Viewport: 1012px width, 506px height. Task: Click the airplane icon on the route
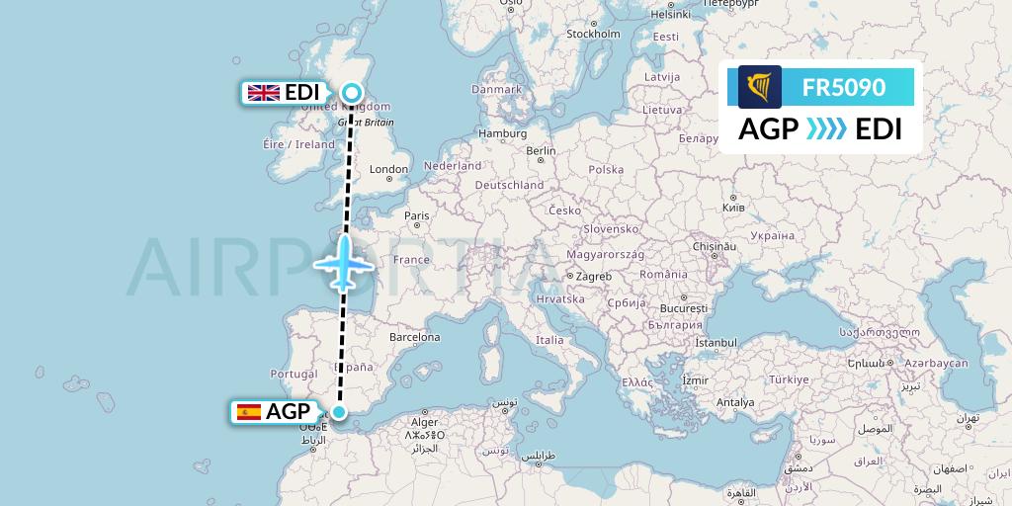[343, 263]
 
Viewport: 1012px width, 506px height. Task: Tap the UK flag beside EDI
[263, 93]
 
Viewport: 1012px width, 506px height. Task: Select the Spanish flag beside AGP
[249, 412]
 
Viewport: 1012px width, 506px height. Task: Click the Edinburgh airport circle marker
[352, 93]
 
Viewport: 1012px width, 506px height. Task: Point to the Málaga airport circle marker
[339, 412]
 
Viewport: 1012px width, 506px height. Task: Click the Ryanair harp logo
[760, 87]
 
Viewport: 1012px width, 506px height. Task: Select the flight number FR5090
[844, 87]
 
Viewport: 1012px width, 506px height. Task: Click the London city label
[388, 169]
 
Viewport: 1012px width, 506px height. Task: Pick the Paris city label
[416, 215]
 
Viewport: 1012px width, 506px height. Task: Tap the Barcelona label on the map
[414, 337]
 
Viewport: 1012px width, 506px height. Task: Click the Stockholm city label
[593, 33]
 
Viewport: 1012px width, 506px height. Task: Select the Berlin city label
[542, 151]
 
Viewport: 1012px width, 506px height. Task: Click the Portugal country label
[293, 374]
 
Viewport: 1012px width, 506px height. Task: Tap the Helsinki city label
[670, 15]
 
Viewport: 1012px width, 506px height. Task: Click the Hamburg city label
[502, 132]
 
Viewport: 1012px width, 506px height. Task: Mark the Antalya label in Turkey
[735, 402]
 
